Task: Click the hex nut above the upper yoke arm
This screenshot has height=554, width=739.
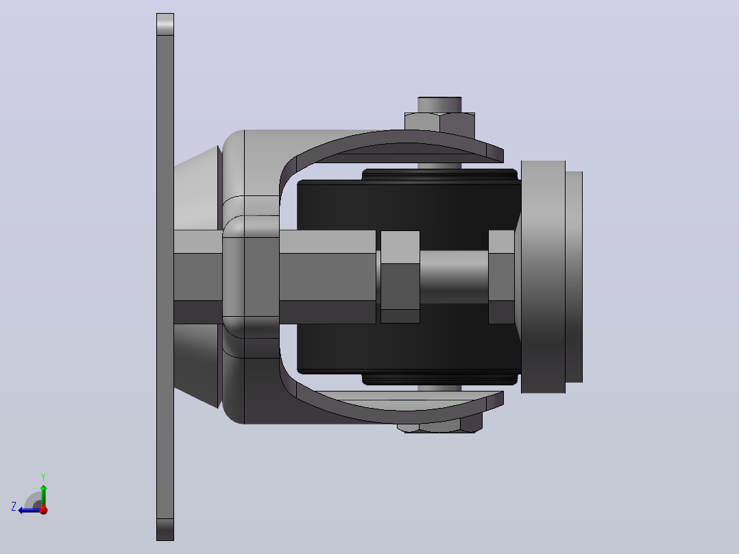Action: point(439,121)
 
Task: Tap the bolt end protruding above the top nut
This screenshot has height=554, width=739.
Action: point(439,105)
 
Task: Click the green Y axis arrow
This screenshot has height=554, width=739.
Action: point(43,495)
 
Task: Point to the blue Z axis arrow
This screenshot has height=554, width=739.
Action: point(29,510)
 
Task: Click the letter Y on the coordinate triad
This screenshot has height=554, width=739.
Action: point(43,477)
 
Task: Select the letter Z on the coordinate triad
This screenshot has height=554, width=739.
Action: point(14,507)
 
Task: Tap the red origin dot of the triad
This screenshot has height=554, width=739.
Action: point(44,509)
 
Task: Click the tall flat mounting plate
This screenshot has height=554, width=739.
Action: point(165,277)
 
